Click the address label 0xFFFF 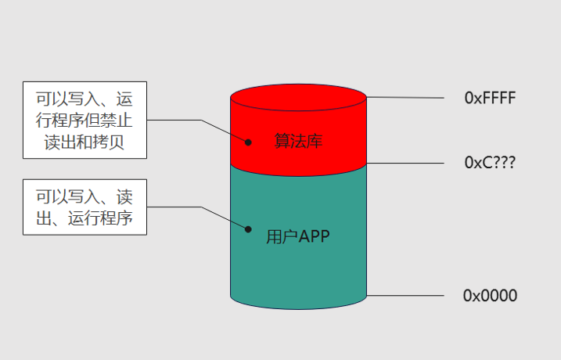(x=491, y=98)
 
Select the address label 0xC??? (x=491, y=164)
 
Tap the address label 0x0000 (x=491, y=296)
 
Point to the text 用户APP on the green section (x=298, y=236)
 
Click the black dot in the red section (x=248, y=142)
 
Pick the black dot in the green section (x=248, y=229)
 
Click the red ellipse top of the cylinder (x=298, y=99)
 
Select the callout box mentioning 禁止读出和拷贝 (x=85, y=121)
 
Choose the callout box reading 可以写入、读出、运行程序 (x=85, y=207)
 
